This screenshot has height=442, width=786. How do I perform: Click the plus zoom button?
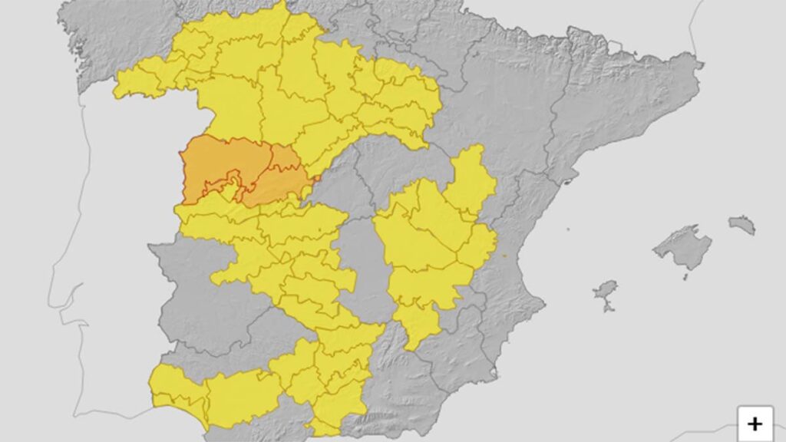pos(755,423)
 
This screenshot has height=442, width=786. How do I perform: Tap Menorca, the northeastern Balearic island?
pos(742,224)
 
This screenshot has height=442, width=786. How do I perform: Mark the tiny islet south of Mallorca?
pos(685,277)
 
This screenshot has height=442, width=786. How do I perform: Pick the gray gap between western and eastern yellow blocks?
pos(361,261)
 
